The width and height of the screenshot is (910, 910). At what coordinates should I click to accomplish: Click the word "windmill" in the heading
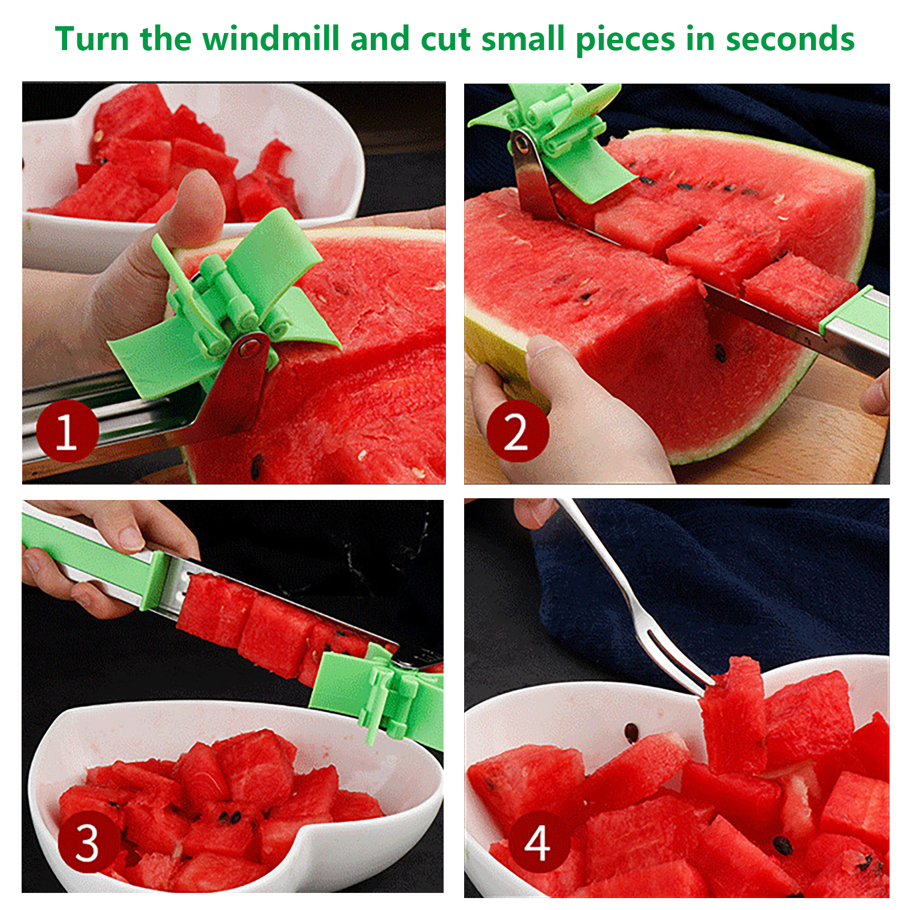tap(272, 39)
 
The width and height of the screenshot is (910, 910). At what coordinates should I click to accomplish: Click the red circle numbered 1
tap(67, 431)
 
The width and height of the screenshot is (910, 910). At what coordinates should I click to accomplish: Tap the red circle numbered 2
tap(517, 431)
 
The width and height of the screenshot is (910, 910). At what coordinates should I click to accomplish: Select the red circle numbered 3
tap(88, 843)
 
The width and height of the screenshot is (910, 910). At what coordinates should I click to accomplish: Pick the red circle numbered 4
tap(538, 843)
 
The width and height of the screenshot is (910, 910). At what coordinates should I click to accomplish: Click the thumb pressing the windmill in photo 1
tap(193, 210)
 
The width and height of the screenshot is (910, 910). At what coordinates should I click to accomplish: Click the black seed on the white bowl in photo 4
tap(631, 731)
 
